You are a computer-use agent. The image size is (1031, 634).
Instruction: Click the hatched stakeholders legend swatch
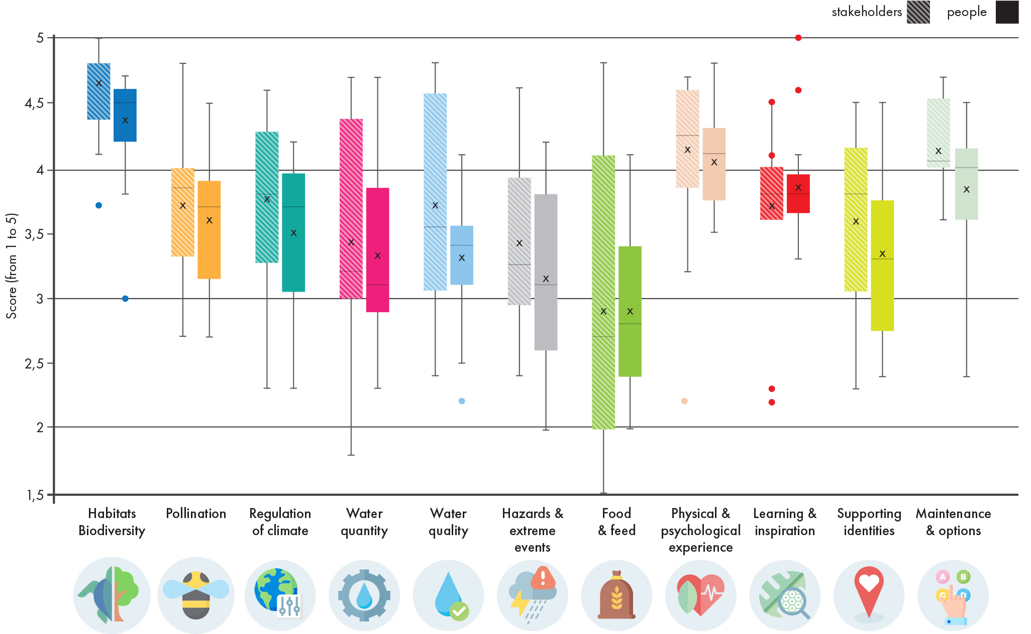point(918,12)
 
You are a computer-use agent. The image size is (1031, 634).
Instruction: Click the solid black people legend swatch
point(1007,12)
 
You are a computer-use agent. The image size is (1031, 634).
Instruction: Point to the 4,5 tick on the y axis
point(35,103)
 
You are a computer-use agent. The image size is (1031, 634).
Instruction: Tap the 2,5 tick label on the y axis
point(35,363)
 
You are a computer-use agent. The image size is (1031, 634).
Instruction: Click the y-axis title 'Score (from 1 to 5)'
point(12,266)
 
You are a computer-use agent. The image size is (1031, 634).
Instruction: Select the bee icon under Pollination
point(196,595)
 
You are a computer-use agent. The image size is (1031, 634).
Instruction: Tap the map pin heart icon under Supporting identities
point(869,592)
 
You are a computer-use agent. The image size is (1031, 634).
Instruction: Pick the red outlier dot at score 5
point(798,38)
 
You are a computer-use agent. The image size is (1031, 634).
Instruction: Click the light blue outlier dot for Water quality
point(462,401)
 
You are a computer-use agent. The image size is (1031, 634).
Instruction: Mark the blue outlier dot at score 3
point(125,299)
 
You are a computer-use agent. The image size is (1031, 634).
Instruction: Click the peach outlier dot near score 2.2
point(684,401)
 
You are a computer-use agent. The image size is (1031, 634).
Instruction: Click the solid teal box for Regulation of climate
point(293,232)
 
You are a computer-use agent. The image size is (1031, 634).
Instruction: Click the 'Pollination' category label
point(196,514)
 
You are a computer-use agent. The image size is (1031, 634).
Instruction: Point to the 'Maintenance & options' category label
point(953,522)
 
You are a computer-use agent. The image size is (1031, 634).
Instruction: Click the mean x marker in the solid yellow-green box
point(882,253)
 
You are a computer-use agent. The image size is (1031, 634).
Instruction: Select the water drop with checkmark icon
point(449,595)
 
